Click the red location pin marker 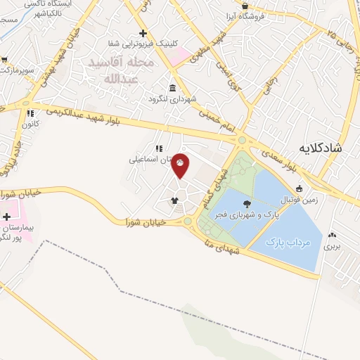(x=181, y=165)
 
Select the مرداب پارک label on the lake (x=288, y=242)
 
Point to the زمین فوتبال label (x=316, y=198)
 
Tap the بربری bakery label (x=331, y=246)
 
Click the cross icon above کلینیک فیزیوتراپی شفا (x=143, y=33)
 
